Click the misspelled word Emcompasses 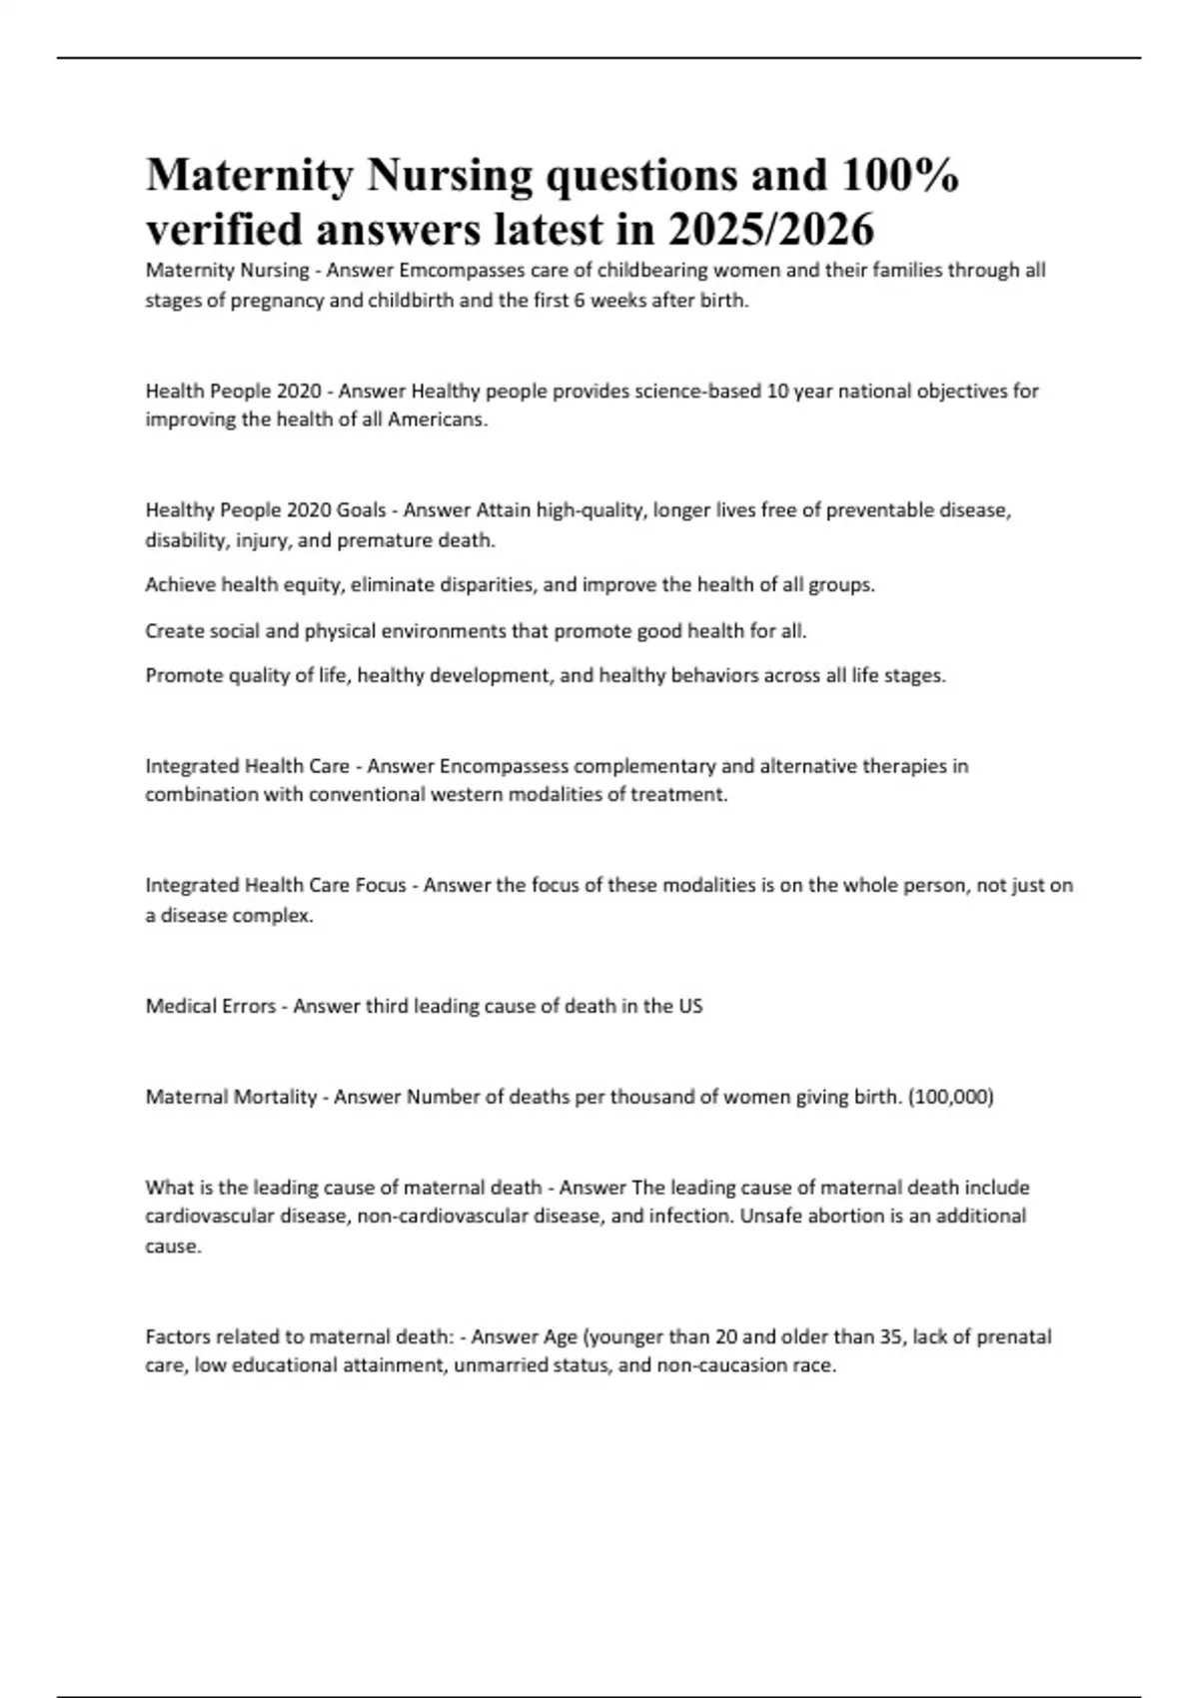tap(456, 271)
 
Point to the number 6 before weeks tap(579, 300)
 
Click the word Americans tap(437, 420)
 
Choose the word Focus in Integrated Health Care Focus tap(379, 886)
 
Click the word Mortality tap(275, 1097)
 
